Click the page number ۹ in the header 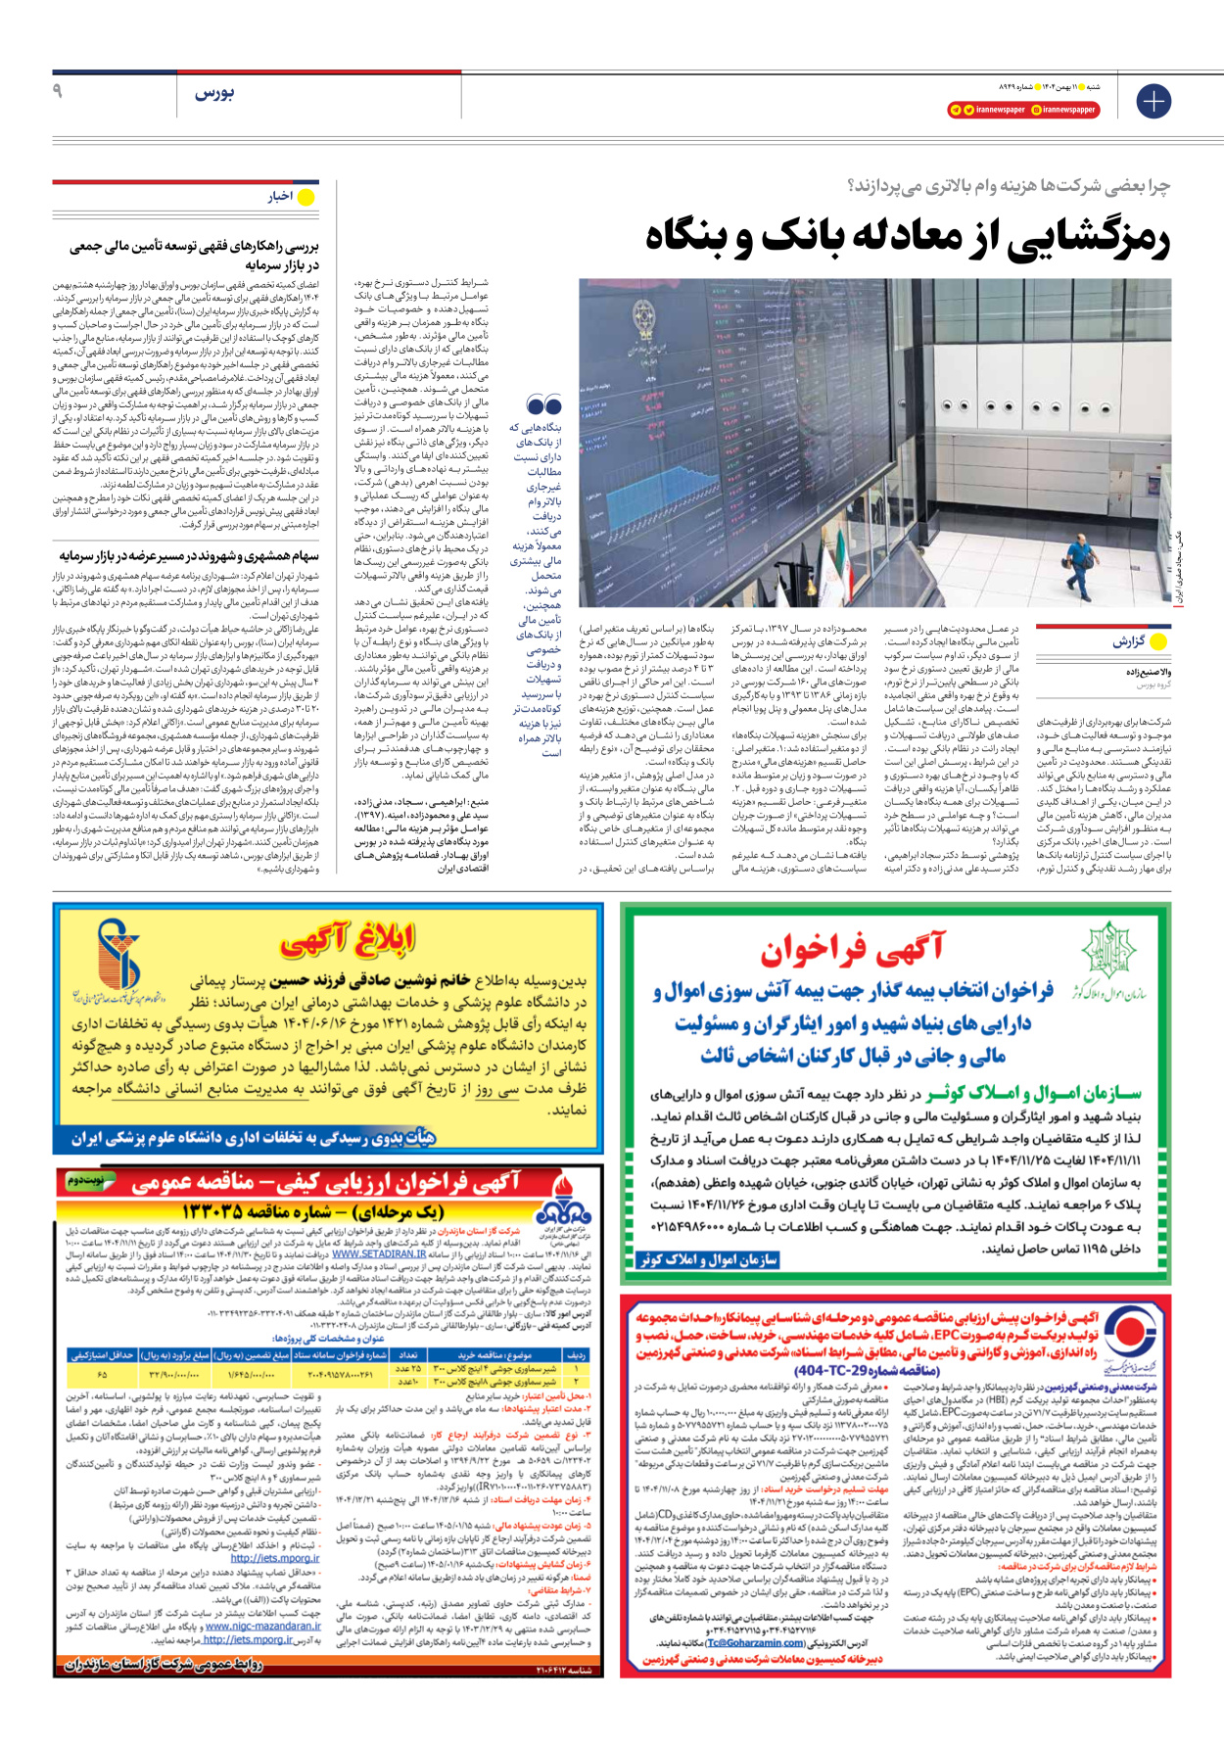(x=58, y=91)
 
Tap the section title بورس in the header (x=213, y=93)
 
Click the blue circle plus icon (x=1153, y=101)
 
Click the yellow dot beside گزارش (x=1159, y=642)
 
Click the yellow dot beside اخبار (x=306, y=197)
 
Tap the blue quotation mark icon (x=544, y=405)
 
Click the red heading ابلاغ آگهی (x=348, y=941)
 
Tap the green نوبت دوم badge (x=84, y=1182)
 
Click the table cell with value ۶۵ (x=103, y=1375)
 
